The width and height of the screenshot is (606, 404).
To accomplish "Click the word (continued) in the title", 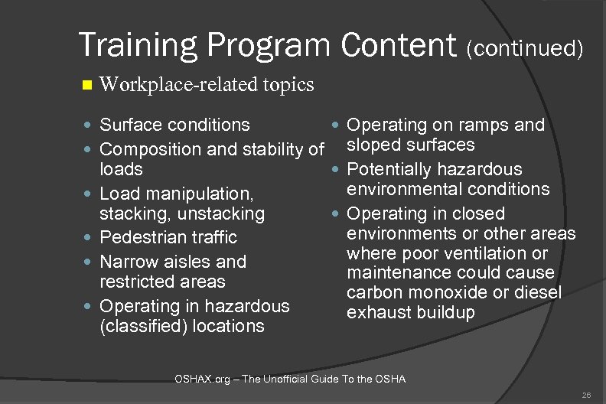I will tap(526, 49).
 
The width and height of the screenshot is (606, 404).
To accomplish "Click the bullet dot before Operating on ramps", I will tap(337, 125).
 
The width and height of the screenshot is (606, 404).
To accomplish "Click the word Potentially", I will tap(392, 169).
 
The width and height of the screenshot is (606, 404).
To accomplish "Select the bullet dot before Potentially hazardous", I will tap(337, 169).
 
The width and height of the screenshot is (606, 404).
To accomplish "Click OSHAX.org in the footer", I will tap(203, 379).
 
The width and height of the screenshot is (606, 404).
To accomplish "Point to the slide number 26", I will tap(586, 395).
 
